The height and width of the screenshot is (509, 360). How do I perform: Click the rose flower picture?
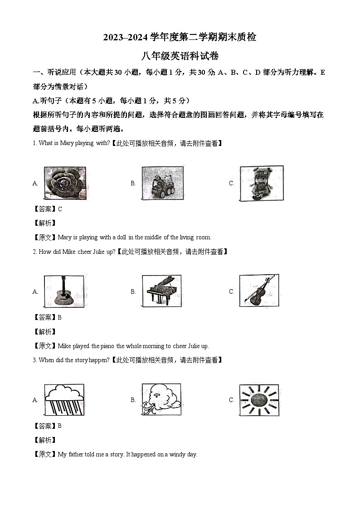(x=65, y=183)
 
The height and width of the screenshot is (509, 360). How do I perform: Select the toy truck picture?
(x=163, y=183)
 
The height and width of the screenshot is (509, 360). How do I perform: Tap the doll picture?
(x=261, y=183)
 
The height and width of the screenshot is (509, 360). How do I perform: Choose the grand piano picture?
(x=161, y=291)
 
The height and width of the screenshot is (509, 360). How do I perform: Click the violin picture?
(x=259, y=291)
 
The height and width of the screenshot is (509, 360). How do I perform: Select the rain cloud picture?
(x=64, y=400)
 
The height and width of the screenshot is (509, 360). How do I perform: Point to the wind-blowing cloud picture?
(x=161, y=400)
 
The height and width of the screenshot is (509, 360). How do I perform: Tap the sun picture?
(x=259, y=400)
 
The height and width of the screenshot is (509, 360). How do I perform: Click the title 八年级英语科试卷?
(x=180, y=56)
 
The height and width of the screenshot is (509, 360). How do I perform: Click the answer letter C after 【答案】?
(x=60, y=209)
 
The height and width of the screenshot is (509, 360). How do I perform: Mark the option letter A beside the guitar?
(x=35, y=291)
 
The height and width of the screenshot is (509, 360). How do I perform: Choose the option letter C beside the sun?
(x=231, y=400)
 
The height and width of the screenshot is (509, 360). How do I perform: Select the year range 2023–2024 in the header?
(x=122, y=38)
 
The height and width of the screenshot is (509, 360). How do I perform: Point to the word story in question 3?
(x=73, y=360)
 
